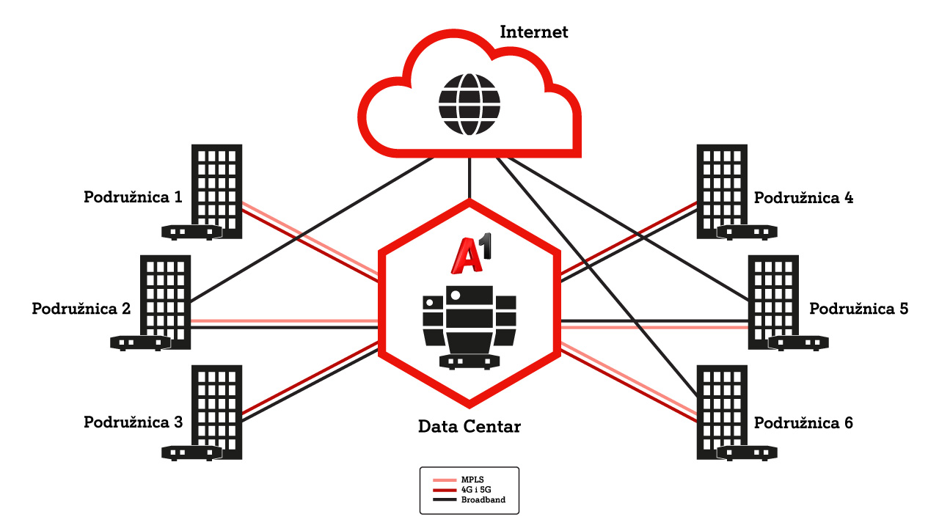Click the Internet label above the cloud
(x=534, y=32)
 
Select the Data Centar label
(x=469, y=426)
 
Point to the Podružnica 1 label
(x=133, y=197)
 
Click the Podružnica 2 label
(x=81, y=308)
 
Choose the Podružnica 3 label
(x=133, y=422)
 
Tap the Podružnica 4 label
(x=804, y=197)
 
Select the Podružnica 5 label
(x=858, y=308)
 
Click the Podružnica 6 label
(x=804, y=423)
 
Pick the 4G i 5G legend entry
(x=476, y=490)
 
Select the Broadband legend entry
(x=483, y=500)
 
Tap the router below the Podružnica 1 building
(x=192, y=232)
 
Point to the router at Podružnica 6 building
(x=747, y=452)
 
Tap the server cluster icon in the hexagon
(x=469, y=323)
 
